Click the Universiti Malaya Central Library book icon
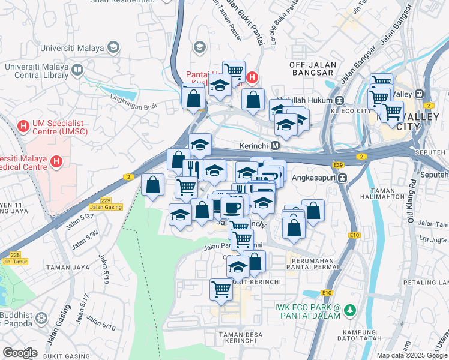pos(77,70)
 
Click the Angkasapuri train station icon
pos(342,178)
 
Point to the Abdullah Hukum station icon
pos(339,100)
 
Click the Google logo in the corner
pos(20,352)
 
